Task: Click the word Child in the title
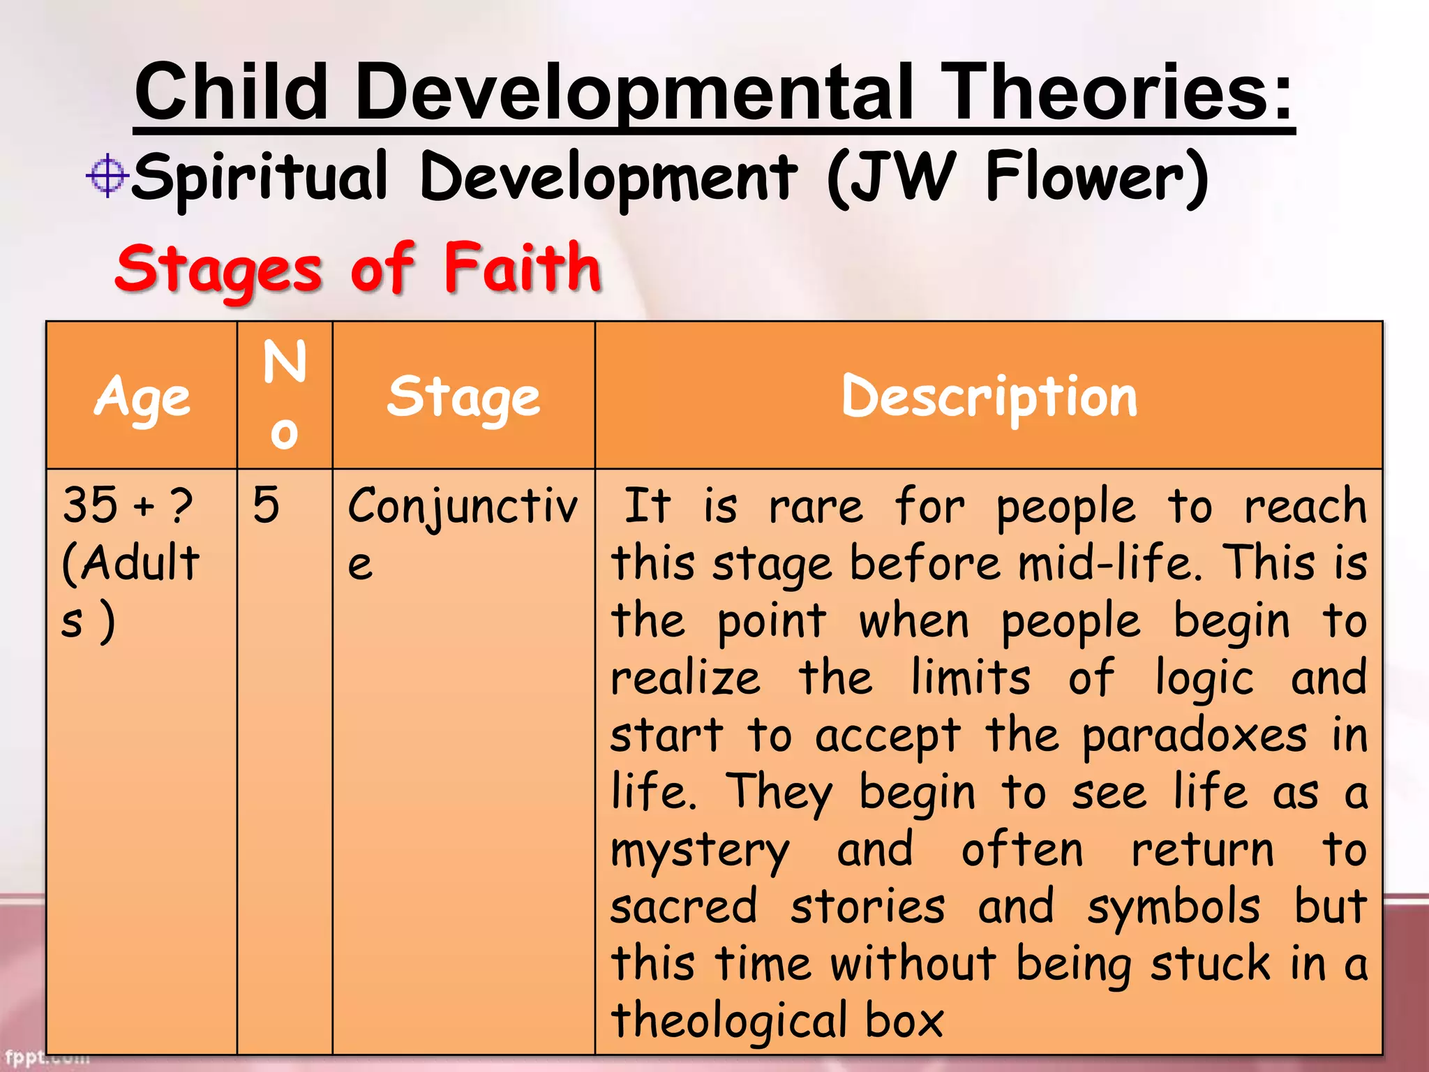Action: coord(231,92)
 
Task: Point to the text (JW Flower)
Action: coord(1017,178)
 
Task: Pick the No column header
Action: coord(285,395)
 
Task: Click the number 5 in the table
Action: coord(267,505)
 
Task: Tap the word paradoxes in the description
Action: coord(1194,736)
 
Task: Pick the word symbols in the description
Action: coord(1174,908)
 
